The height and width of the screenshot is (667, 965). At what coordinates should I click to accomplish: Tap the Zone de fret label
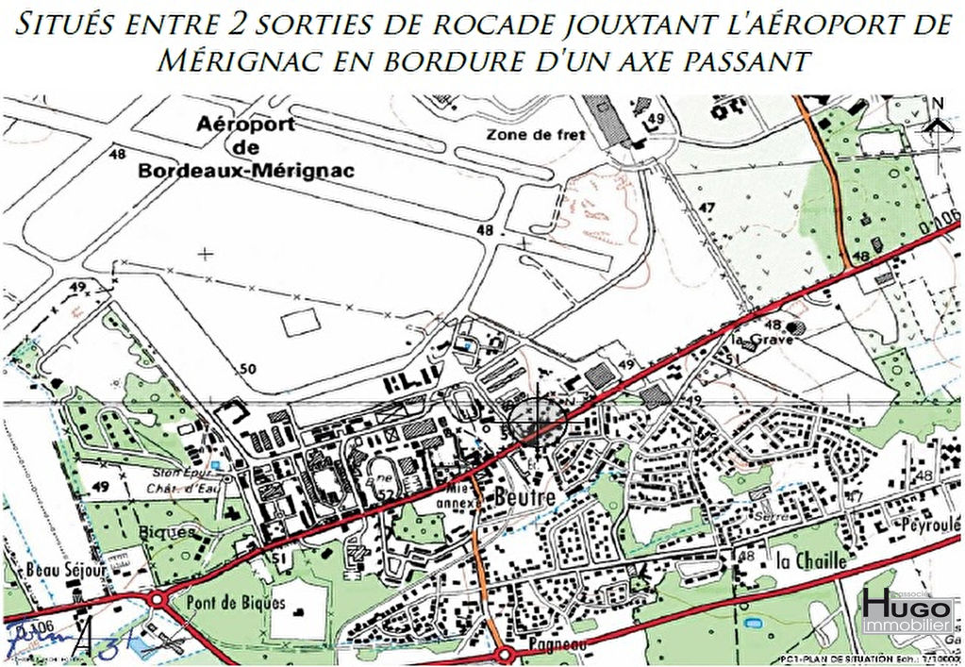536,135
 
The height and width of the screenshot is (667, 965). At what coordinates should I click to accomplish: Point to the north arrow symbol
937,117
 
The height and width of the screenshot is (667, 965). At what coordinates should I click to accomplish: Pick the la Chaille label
810,560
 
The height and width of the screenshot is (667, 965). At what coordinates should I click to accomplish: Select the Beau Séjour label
49,570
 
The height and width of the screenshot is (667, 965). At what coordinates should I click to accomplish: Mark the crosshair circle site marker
537,422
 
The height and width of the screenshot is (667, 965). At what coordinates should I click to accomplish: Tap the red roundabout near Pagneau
504,654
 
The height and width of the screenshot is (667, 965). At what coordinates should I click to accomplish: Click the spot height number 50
248,368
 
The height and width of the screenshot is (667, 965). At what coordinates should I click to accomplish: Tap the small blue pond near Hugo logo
756,624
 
